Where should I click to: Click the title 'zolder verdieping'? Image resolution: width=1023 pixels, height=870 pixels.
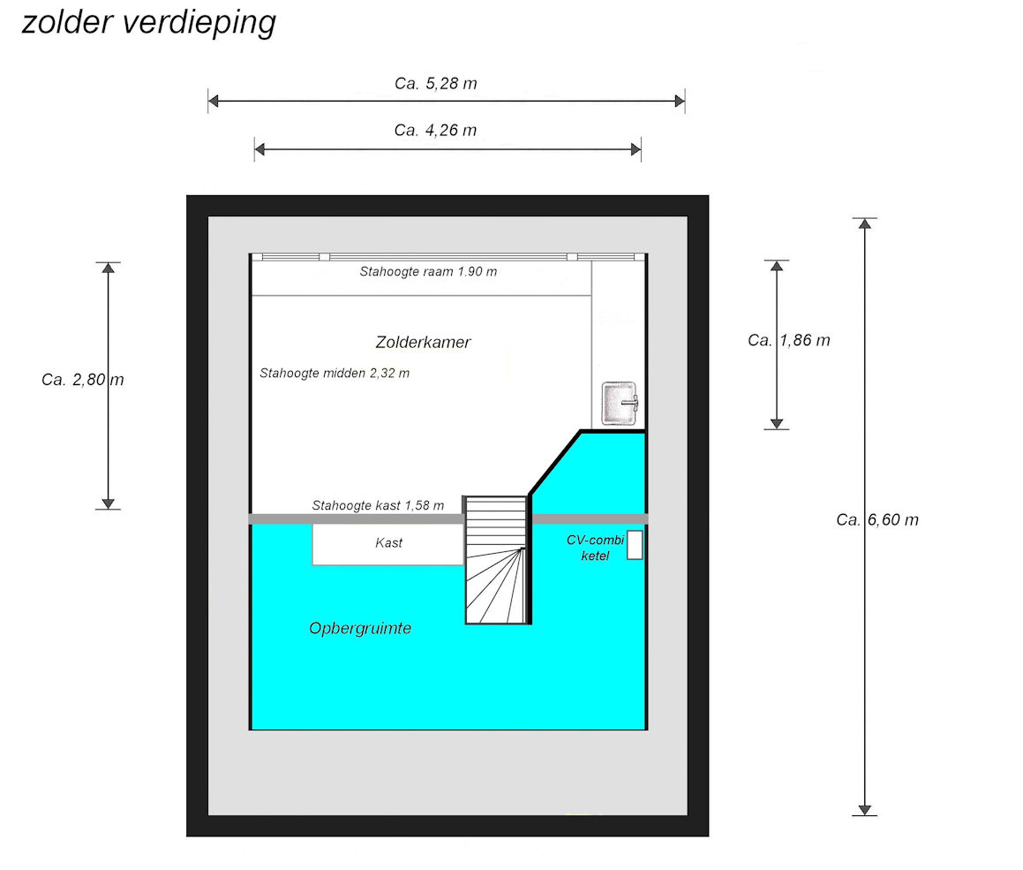[148, 22]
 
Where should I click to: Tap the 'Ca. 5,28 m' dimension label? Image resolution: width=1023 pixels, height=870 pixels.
[436, 84]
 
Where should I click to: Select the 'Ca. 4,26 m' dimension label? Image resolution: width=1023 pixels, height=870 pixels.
[436, 131]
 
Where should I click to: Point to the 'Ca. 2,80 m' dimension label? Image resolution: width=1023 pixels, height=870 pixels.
[82, 380]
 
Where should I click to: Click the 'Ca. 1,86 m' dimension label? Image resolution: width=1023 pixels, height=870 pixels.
[788, 340]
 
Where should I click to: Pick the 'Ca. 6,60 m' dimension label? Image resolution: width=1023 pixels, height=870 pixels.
[877, 519]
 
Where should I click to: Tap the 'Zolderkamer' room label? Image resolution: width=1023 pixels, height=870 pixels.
[423, 342]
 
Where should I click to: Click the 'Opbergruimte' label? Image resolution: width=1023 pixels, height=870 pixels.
[360, 629]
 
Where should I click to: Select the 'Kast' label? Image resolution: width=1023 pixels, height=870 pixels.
[388, 543]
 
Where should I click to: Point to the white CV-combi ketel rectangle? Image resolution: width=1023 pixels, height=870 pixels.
[634, 546]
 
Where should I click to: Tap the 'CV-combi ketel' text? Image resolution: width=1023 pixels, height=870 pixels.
[595, 548]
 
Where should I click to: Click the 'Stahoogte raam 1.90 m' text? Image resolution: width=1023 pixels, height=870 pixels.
[428, 272]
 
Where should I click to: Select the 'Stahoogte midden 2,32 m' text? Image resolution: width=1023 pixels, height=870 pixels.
[335, 374]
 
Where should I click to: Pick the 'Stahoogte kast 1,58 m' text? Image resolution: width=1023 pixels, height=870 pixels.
[378, 506]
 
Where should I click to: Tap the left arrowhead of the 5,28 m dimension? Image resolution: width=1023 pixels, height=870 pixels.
[214, 102]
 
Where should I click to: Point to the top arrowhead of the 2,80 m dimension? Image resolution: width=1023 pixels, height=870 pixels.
[108, 269]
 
